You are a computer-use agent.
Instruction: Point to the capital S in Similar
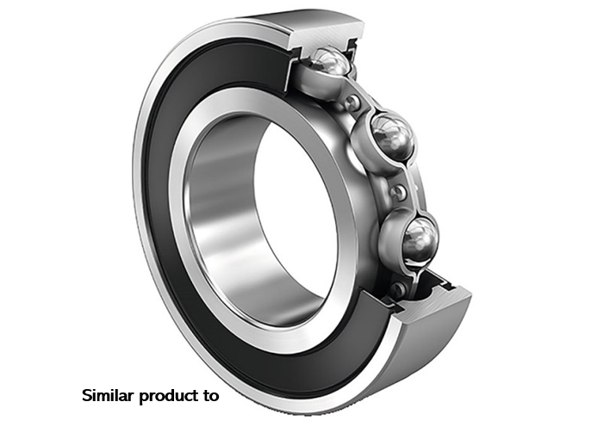86,396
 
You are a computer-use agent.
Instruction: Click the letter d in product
169,396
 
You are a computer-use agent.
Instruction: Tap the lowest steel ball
420,239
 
